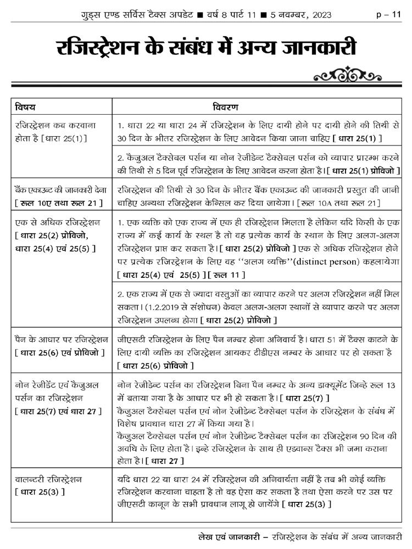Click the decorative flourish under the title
point(344,74)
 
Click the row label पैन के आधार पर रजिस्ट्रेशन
point(61,338)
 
